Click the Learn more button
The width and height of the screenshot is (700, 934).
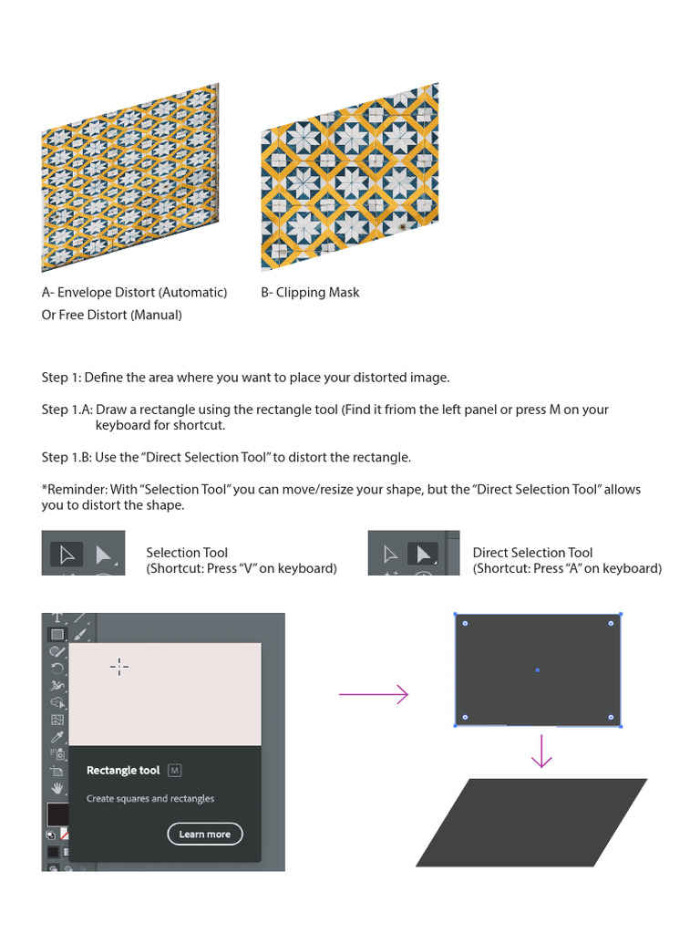(205, 834)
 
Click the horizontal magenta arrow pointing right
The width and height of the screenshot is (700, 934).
(374, 695)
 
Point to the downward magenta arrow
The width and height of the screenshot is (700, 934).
(542, 752)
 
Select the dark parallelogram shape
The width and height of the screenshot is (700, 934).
(532, 822)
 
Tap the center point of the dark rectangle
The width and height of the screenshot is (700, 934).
(537, 670)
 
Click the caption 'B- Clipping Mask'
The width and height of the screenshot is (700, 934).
(310, 293)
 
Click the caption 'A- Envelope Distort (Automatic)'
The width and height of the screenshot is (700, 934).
(134, 293)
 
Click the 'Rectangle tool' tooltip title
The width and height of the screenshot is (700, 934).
(123, 771)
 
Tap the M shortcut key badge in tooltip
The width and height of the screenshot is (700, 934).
(175, 771)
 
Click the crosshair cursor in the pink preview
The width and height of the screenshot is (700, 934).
(119, 667)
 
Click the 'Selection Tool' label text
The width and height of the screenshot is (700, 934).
(187, 553)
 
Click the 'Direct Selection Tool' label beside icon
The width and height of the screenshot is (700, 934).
(532, 553)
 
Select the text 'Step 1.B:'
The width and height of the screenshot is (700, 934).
(67, 457)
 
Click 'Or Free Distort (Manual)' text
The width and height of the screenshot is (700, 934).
(111, 315)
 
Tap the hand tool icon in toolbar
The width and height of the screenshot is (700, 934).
(57, 788)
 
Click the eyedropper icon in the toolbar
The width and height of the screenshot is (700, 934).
(57, 737)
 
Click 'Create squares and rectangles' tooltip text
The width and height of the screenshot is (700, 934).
(150, 799)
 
